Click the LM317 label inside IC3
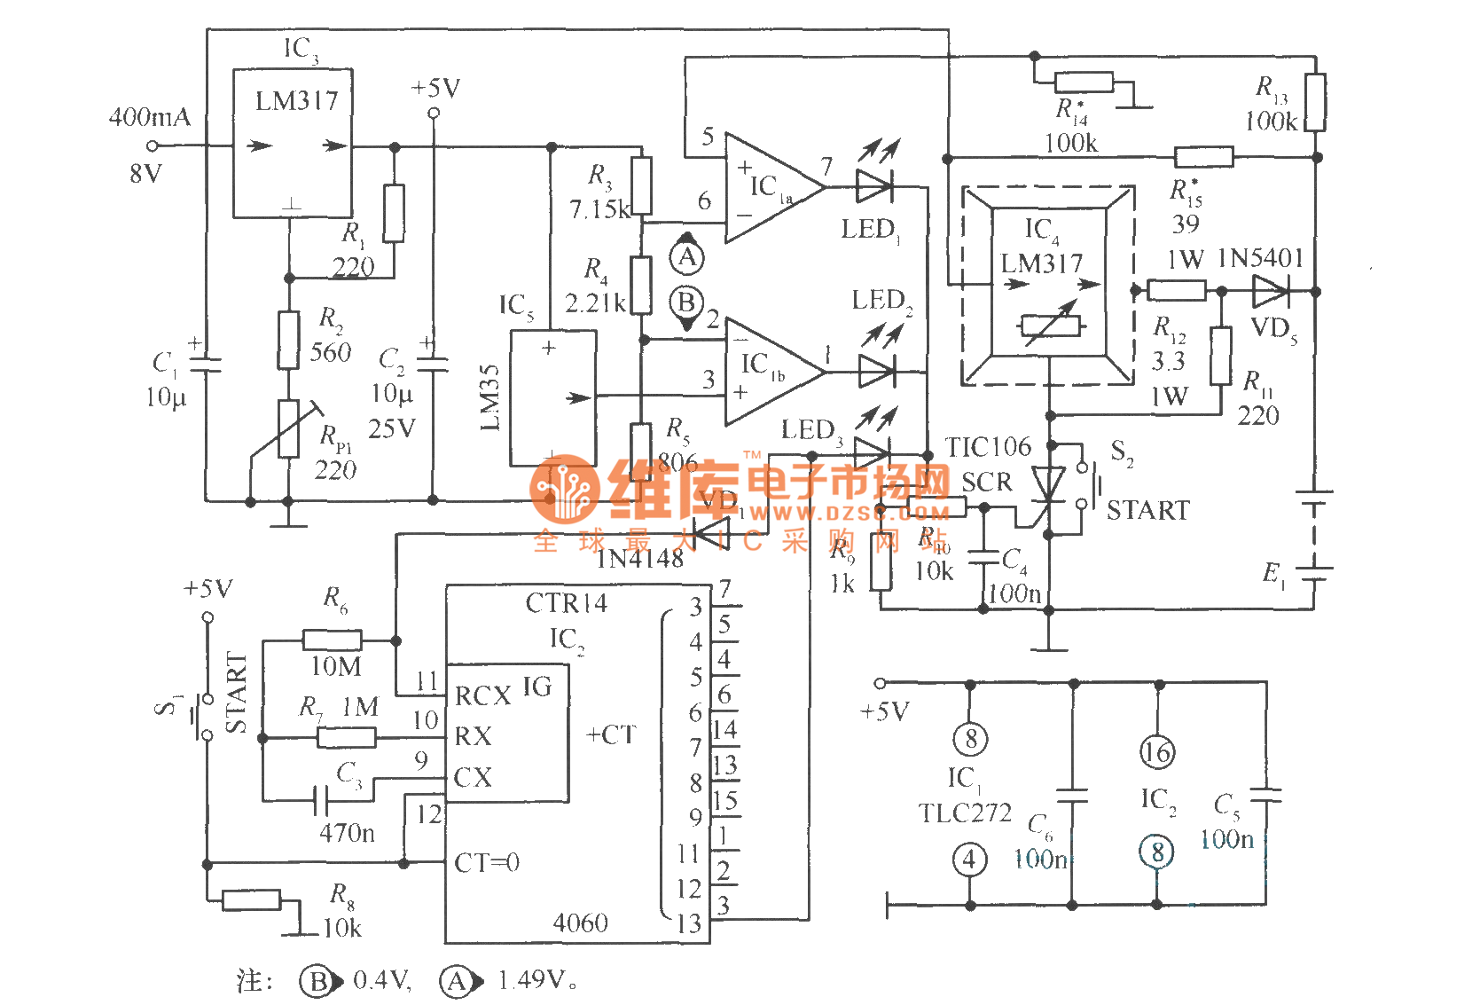(x=296, y=101)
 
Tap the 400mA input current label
(x=149, y=117)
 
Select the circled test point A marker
(x=686, y=257)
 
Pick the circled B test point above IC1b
(x=686, y=302)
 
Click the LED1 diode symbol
(x=874, y=187)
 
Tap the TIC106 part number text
(x=988, y=447)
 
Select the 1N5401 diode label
(x=1260, y=258)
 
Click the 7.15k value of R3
(x=599, y=210)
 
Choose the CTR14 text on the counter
(x=566, y=604)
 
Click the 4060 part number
(x=580, y=923)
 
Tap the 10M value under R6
(x=335, y=666)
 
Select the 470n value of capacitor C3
(x=347, y=833)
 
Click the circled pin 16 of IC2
(x=1156, y=752)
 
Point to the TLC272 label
(x=965, y=813)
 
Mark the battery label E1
(x=1273, y=574)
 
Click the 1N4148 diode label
(x=639, y=559)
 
